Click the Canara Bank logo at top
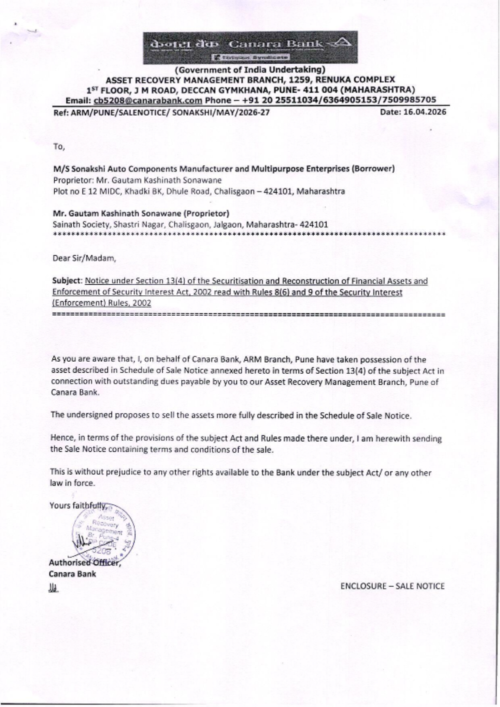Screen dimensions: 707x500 249,49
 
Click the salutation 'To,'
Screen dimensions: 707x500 58,147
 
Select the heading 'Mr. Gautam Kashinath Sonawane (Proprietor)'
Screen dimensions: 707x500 140,213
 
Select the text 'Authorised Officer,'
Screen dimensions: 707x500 85,562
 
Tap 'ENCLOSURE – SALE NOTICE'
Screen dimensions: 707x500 392,586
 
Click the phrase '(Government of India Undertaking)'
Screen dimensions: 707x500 249,70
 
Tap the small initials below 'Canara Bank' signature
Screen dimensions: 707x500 53,590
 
